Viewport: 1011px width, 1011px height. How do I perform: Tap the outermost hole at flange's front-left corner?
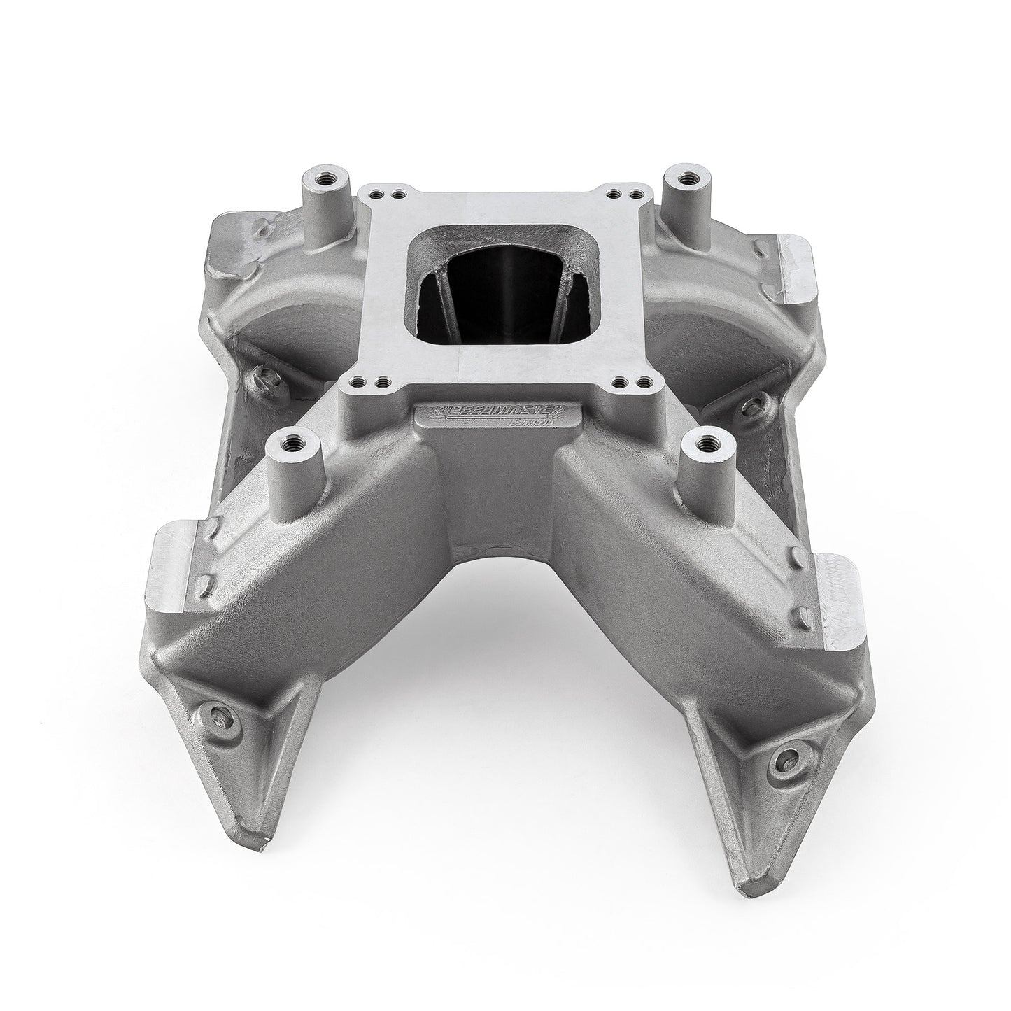pos(358,381)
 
